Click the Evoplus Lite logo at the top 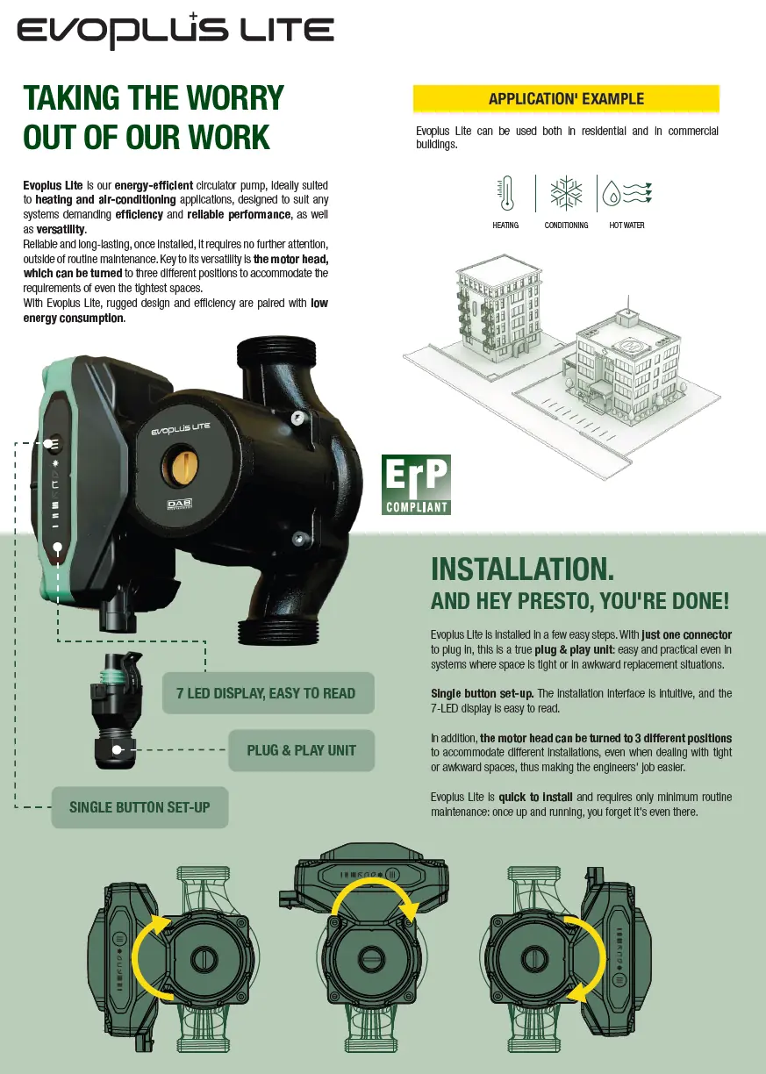[x=175, y=31]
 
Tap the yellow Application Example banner [x=566, y=99]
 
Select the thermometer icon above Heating [x=506, y=193]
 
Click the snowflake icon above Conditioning [x=566, y=193]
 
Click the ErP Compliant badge [x=416, y=484]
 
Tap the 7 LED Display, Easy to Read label [x=268, y=693]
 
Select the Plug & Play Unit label [x=302, y=750]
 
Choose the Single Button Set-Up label [x=140, y=807]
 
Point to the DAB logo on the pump [x=180, y=505]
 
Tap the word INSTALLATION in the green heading [x=522, y=569]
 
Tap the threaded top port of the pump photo [x=276, y=354]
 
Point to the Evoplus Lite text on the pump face [x=181, y=428]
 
